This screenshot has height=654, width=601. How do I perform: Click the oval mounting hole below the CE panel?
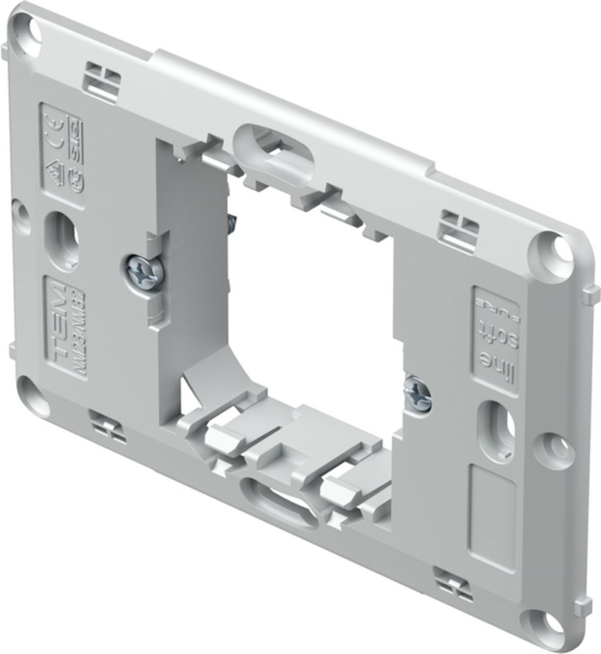pyautogui.click(x=61, y=239)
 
